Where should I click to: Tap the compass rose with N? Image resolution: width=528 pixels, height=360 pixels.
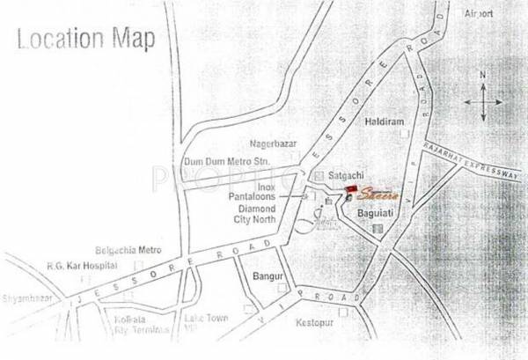point(483,97)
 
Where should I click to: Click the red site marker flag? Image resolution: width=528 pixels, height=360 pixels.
point(352,189)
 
